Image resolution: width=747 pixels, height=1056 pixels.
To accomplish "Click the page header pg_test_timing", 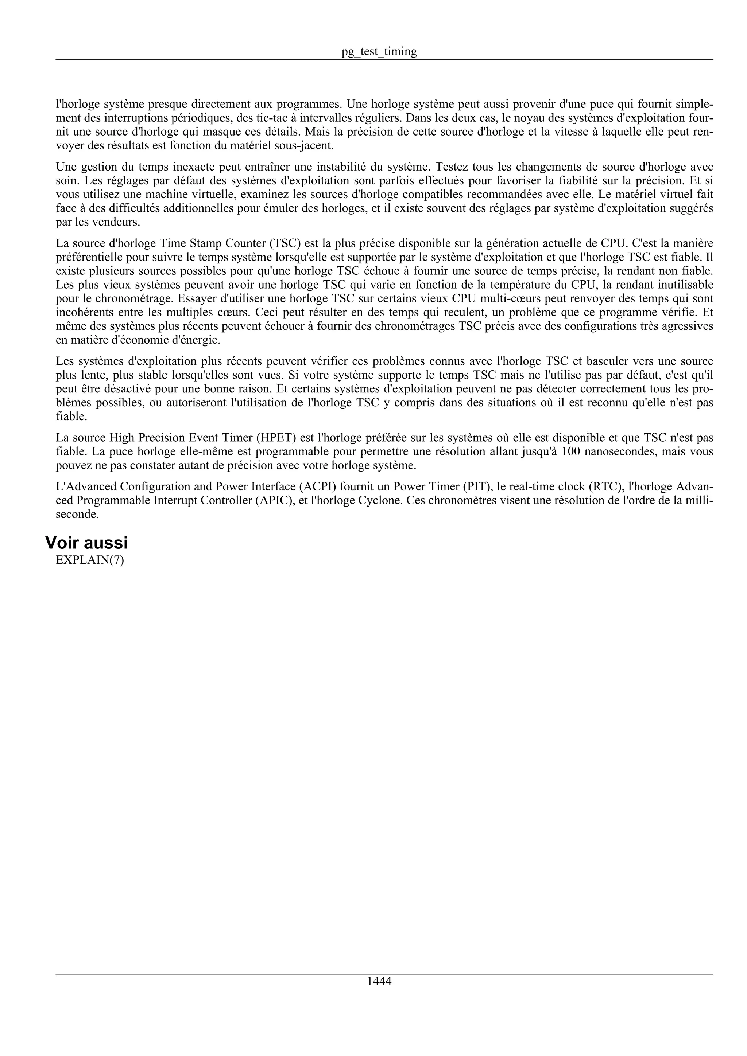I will (x=379, y=51).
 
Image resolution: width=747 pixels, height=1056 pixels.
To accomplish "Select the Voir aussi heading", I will (x=86, y=543).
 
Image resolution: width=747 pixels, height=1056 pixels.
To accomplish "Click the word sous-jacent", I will (x=306, y=146).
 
